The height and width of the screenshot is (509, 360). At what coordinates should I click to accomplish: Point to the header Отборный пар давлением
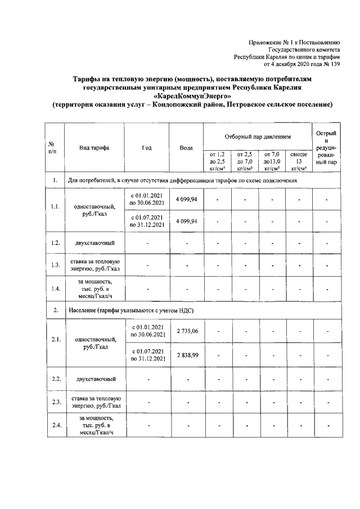[258, 137]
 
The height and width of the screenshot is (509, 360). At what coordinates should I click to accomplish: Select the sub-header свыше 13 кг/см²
[299, 160]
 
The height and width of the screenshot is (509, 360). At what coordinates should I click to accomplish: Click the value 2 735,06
[187, 331]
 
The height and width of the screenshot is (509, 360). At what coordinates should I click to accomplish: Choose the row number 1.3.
[55, 265]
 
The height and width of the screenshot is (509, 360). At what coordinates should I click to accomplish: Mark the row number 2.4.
[55, 425]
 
